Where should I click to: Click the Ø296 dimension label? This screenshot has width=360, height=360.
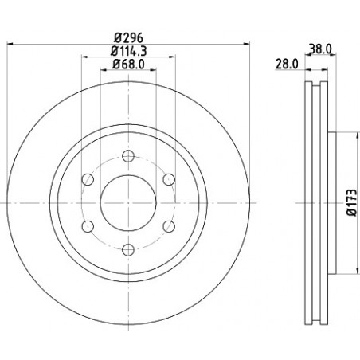(128, 38)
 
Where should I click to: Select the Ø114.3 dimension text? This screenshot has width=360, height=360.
(128, 51)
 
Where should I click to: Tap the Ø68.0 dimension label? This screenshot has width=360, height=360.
(128, 64)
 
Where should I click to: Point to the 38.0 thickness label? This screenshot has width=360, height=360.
(320, 49)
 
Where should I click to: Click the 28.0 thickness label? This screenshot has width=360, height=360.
(287, 64)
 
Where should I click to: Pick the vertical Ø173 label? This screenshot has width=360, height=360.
(352, 202)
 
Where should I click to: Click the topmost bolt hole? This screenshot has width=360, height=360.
(128, 156)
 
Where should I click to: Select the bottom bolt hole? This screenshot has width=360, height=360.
(128, 250)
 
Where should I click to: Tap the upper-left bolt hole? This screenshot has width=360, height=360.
(88, 179)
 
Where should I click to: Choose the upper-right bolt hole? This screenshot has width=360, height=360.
(169, 179)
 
